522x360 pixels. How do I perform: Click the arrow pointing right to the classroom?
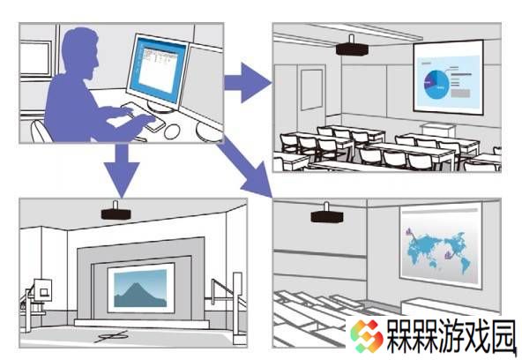point(247,82)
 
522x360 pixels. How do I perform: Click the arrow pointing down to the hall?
point(122,169)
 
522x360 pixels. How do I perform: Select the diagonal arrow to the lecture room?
point(246,168)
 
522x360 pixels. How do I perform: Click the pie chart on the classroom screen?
point(436,84)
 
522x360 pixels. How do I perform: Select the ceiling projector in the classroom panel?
point(352,48)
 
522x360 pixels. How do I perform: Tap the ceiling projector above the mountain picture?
point(116,212)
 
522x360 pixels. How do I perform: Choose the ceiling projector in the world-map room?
point(326,214)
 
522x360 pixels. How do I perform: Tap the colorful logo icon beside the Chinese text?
point(366,335)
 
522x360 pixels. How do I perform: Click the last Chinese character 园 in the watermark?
point(503,335)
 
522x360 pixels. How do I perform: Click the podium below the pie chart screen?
point(437,130)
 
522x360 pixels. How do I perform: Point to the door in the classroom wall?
point(311,90)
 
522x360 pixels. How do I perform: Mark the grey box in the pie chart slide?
point(460,94)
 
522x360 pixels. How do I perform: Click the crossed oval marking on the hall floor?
point(112,337)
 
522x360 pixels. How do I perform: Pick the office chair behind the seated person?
point(41,131)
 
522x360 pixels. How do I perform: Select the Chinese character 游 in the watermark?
point(452,335)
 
